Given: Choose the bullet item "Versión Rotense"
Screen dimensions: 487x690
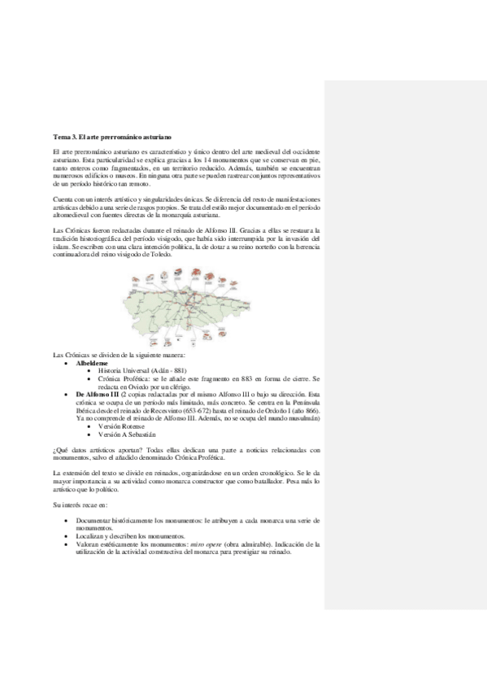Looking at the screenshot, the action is [121, 427].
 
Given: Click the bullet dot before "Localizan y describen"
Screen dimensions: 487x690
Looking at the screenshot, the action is [65, 535].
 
